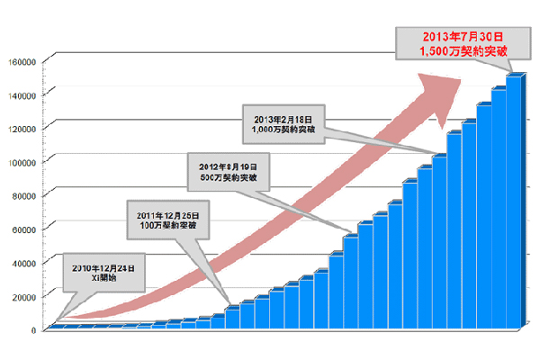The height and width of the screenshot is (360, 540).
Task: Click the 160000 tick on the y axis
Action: (x=20, y=61)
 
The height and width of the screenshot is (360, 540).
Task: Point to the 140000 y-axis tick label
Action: (x=20, y=94)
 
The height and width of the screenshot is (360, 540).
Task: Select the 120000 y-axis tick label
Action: (x=20, y=129)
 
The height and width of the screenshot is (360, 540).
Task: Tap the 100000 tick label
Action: (x=20, y=162)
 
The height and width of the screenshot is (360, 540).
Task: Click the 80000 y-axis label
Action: (x=22, y=195)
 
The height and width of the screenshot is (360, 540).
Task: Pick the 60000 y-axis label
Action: (x=22, y=229)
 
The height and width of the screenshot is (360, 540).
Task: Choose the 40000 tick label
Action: (x=22, y=263)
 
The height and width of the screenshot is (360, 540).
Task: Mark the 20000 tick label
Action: (x=22, y=296)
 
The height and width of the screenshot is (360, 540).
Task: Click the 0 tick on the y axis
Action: (x=32, y=330)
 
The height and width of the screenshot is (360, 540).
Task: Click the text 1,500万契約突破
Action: (x=454, y=52)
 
